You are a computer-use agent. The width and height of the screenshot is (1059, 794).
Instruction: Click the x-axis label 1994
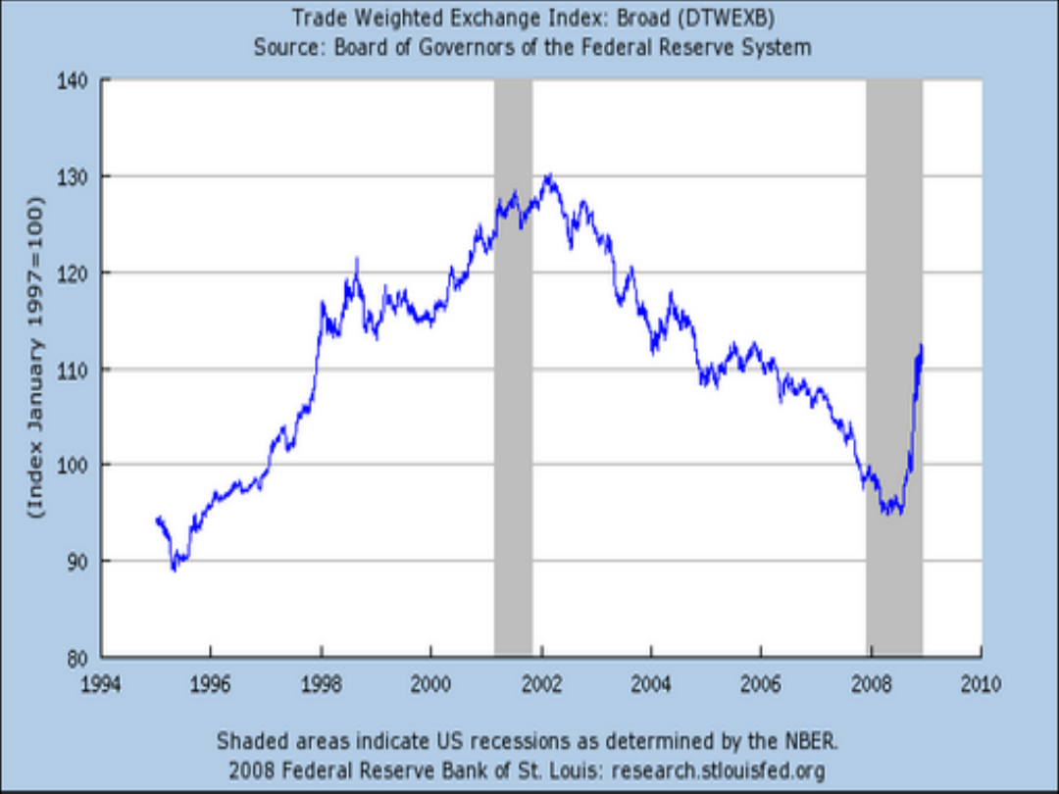(102, 683)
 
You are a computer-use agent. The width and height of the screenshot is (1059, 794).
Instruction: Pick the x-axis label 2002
(541, 683)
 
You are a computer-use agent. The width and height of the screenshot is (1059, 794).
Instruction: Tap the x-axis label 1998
(322, 683)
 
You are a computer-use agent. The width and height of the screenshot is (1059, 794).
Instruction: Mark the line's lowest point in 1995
(175, 569)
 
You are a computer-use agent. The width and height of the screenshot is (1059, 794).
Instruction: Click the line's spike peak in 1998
(357, 260)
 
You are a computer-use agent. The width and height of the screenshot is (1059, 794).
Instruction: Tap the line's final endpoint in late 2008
(922, 345)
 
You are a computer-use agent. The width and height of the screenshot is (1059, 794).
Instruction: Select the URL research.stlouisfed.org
(720, 769)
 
